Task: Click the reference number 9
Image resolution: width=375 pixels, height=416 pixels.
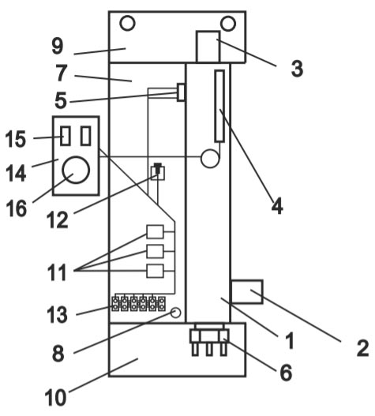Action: tap(58, 46)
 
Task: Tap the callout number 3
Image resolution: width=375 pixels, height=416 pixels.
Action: tap(297, 69)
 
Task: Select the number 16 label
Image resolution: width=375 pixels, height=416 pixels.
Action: tap(17, 208)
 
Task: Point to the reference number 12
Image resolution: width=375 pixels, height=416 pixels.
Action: tap(58, 220)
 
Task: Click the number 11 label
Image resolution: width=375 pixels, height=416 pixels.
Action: tap(57, 272)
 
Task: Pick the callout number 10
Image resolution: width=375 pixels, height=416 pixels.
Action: tap(55, 397)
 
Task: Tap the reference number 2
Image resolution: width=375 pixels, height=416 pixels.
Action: tap(363, 348)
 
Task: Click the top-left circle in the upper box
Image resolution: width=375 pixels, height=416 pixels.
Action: tap(127, 24)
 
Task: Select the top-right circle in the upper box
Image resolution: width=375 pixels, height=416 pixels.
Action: tap(228, 24)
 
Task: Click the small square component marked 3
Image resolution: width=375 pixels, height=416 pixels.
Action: tap(208, 47)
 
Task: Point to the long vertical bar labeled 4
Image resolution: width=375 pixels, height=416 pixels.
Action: tap(219, 106)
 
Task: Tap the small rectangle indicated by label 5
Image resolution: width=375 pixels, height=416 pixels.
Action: tap(181, 92)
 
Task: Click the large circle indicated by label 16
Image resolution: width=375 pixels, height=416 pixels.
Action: tap(76, 170)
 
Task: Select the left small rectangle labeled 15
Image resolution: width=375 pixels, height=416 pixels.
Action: tap(66, 136)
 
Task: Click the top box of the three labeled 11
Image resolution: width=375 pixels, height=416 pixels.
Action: tap(155, 232)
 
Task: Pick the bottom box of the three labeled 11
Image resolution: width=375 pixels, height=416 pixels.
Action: tap(155, 271)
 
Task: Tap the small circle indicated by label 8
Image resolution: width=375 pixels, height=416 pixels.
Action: tap(175, 313)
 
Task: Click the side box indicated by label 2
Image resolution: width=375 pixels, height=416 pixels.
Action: tap(247, 291)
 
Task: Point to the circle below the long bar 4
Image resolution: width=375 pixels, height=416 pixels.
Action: tap(210, 159)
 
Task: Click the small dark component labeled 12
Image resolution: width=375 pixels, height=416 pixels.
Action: tap(158, 168)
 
